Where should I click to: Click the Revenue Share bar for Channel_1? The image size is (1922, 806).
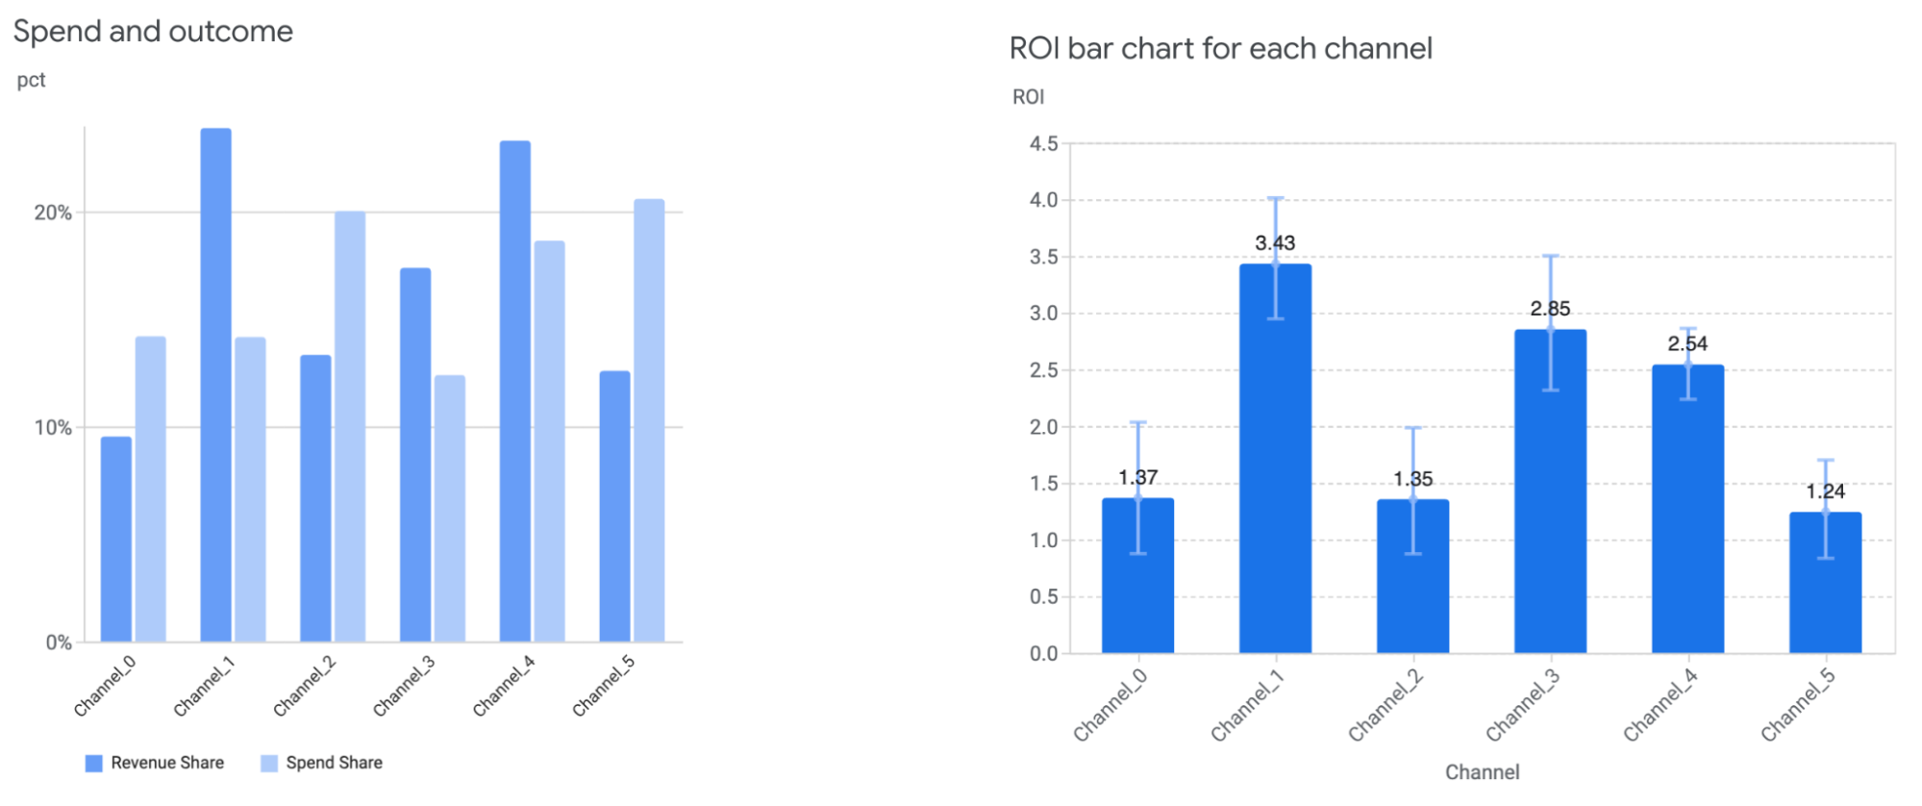click(x=215, y=385)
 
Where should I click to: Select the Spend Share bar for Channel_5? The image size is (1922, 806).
click(x=649, y=420)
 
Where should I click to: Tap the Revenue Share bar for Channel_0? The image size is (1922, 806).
click(x=116, y=539)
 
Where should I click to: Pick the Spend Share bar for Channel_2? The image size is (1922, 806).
click(x=350, y=426)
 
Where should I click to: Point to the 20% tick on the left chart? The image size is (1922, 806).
click(x=53, y=213)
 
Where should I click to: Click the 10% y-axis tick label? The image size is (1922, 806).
click(x=53, y=428)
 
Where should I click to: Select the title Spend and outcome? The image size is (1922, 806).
click(x=153, y=32)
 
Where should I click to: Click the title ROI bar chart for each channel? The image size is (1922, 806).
click(x=1220, y=49)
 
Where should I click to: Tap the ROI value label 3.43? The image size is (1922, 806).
click(x=1275, y=243)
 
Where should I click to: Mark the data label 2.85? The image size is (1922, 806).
click(x=1550, y=309)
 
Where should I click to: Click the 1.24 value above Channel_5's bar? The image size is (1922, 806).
click(x=1825, y=491)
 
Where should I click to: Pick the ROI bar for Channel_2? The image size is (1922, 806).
click(x=1412, y=577)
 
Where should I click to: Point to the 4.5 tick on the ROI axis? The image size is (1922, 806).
click(x=1043, y=144)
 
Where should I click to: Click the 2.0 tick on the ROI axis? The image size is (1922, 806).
click(x=1043, y=427)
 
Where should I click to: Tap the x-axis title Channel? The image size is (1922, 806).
click(x=1482, y=772)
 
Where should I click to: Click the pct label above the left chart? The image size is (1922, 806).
click(x=31, y=80)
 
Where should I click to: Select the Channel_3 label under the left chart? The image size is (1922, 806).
click(x=404, y=687)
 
